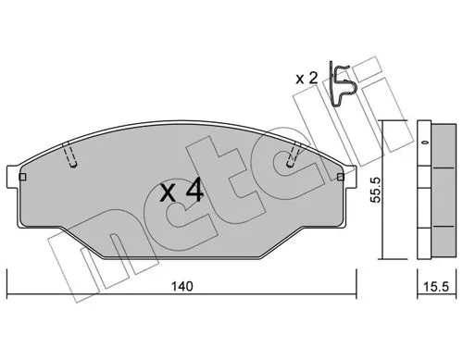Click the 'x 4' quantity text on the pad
[x=181, y=192]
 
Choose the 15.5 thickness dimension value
[x=433, y=288]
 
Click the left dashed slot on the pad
[x=71, y=156]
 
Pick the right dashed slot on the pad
[x=294, y=154]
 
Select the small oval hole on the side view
[x=424, y=143]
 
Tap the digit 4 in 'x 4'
[x=195, y=192]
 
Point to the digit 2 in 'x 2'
[x=317, y=78]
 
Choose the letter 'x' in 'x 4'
[x=168, y=194]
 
